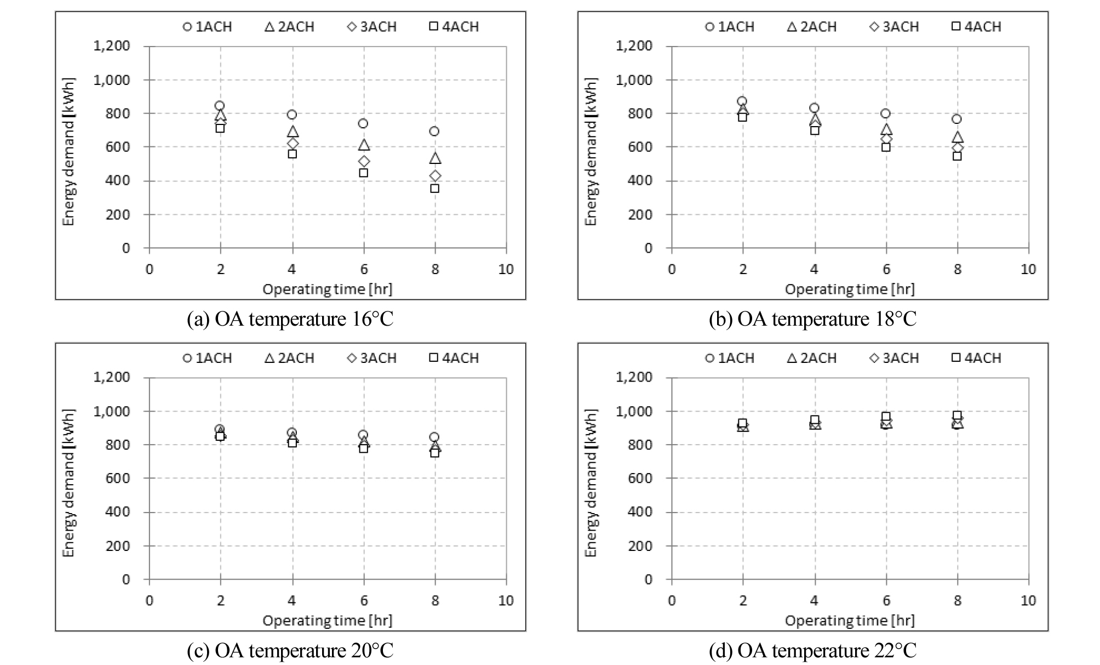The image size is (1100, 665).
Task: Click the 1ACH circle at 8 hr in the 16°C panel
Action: (x=434, y=132)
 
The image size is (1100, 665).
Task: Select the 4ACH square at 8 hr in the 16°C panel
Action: (x=434, y=189)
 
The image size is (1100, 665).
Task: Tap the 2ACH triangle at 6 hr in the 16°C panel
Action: (x=364, y=145)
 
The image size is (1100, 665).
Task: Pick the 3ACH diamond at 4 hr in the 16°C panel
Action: (x=293, y=144)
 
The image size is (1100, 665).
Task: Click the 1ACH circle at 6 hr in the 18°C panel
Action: (x=886, y=113)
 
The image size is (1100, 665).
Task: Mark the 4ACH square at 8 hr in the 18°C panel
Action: (x=957, y=156)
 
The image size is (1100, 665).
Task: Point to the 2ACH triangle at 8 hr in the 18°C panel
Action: (x=958, y=138)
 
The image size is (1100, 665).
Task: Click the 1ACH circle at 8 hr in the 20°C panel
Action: (x=434, y=437)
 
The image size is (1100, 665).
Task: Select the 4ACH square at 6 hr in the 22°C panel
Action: (x=886, y=417)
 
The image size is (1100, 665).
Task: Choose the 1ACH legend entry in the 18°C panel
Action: (x=730, y=27)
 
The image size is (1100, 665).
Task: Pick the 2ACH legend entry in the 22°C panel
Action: (x=812, y=358)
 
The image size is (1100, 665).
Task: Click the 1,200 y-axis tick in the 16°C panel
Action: (x=112, y=46)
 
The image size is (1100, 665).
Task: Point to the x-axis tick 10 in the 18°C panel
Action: (x=1028, y=269)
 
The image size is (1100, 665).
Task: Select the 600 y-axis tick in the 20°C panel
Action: (x=118, y=478)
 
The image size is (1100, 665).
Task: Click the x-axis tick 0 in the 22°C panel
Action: (x=672, y=601)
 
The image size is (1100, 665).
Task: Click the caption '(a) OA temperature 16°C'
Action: (x=290, y=319)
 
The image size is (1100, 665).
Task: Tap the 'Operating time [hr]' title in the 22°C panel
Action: (x=850, y=621)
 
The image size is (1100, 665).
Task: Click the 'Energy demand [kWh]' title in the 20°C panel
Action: (x=68, y=482)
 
